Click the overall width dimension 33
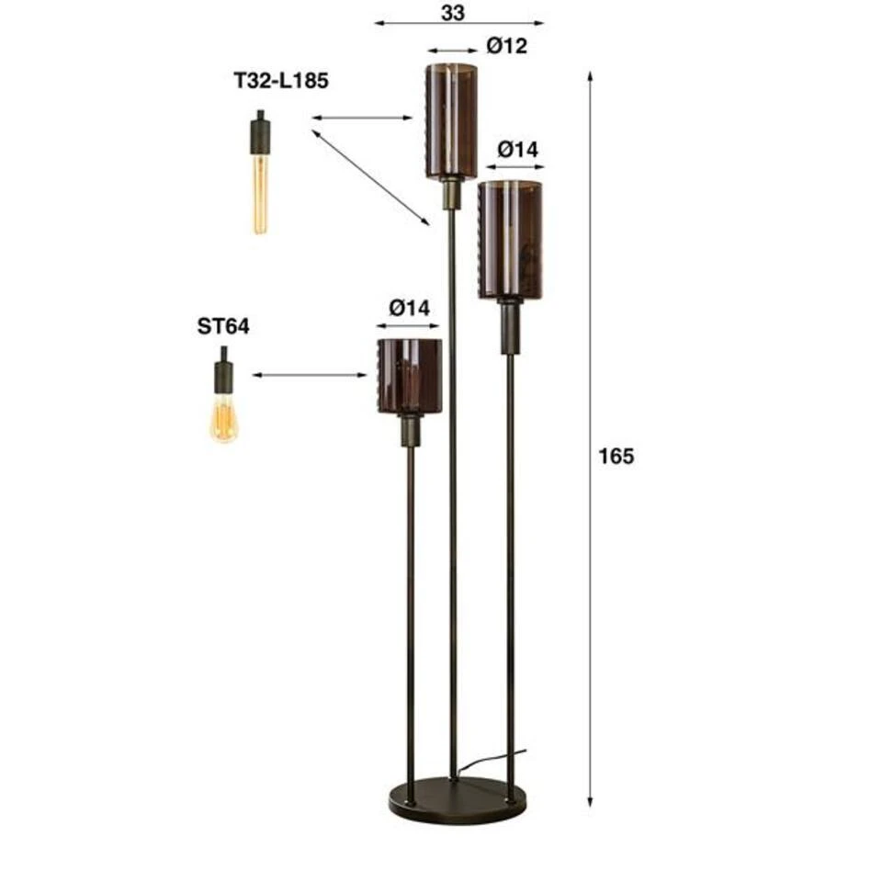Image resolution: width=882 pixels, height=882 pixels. click(453, 12)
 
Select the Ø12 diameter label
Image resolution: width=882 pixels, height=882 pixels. click(507, 46)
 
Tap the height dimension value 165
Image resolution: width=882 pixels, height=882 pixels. click(616, 456)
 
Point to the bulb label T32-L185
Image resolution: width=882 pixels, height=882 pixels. click(281, 81)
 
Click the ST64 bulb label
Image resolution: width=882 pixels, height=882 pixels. click(223, 326)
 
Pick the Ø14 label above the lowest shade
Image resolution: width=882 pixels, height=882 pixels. click(409, 308)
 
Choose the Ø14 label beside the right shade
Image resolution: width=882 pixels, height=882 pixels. click(518, 149)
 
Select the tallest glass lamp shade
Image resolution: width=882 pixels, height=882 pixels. click(451, 120)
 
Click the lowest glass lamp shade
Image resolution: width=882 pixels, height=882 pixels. click(410, 376)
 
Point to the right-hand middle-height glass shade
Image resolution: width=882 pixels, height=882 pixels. click(510, 241)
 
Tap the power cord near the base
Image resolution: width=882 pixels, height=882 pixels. click(492, 760)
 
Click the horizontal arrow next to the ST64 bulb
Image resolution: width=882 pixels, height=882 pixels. click(310, 375)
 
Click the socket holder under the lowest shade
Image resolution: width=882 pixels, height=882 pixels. click(410, 430)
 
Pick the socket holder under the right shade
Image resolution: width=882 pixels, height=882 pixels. click(510, 326)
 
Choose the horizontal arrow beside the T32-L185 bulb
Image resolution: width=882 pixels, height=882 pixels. click(362, 118)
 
